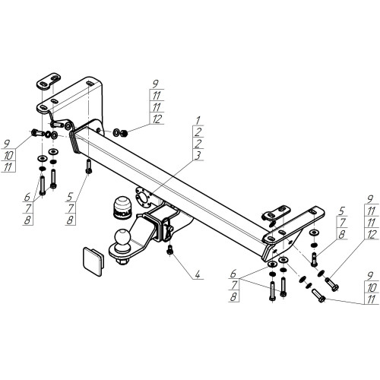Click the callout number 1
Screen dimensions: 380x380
coord(198,120)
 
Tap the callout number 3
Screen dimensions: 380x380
coord(198,155)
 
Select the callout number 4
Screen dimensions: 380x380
coord(198,274)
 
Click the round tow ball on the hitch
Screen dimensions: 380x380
coord(122,237)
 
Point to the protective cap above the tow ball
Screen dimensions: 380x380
coord(122,207)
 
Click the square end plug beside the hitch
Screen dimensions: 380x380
coord(93,261)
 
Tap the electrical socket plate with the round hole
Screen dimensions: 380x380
coord(144,196)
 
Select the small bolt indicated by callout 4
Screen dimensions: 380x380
coord(169,250)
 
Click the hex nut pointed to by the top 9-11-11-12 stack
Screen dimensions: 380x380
coord(124,132)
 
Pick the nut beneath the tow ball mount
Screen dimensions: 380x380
coord(122,261)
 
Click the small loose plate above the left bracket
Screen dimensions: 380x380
coord(49,81)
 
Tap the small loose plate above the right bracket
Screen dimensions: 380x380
coord(276,213)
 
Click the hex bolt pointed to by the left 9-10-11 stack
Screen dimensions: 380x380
coord(37,132)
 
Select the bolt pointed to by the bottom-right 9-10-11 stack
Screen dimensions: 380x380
coord(319,296)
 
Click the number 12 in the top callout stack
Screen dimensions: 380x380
coord(157,119)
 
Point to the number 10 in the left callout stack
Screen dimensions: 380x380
coord(8,155)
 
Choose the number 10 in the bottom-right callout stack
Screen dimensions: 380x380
coord(372,287)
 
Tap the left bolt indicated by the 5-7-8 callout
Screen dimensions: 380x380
coord(88,166)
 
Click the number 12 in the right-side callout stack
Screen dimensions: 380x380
coord(372,235)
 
